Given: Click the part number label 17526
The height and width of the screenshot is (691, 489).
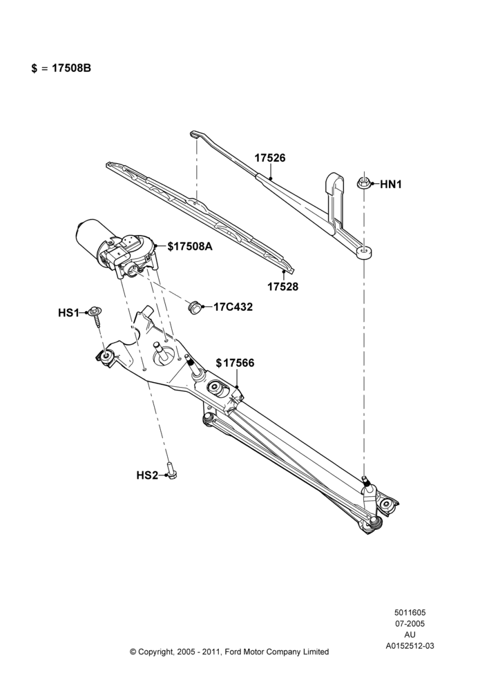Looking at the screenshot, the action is pos(270,158).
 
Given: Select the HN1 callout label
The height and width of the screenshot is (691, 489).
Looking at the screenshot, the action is pos(391,184).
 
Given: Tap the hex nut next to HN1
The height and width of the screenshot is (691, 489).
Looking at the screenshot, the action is pos(363,182).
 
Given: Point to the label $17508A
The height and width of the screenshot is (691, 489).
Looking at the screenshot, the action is pos(190,247).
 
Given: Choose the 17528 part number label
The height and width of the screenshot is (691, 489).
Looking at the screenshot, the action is pos(282,287).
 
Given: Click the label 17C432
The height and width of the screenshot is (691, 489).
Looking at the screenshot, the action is pos(233,307).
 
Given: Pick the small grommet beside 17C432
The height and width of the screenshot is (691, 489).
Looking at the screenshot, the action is pos(194,307).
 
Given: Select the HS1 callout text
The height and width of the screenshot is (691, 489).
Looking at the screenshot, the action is pos(68,313).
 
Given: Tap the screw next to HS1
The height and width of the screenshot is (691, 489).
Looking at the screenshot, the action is pos(95,316).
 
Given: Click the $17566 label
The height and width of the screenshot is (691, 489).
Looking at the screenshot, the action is pos(236,363).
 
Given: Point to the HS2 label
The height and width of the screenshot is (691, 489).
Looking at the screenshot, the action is pos(147,475).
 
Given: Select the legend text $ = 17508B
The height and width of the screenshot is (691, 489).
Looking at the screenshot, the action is pos(61,68).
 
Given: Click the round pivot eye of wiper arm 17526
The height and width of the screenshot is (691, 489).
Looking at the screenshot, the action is pos(364,252).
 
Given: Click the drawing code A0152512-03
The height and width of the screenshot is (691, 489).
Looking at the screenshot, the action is pos(410,646).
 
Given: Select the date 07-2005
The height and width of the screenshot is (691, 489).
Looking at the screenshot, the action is pos(410,623).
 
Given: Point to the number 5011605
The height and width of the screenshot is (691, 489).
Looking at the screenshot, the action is pos(410,612).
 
